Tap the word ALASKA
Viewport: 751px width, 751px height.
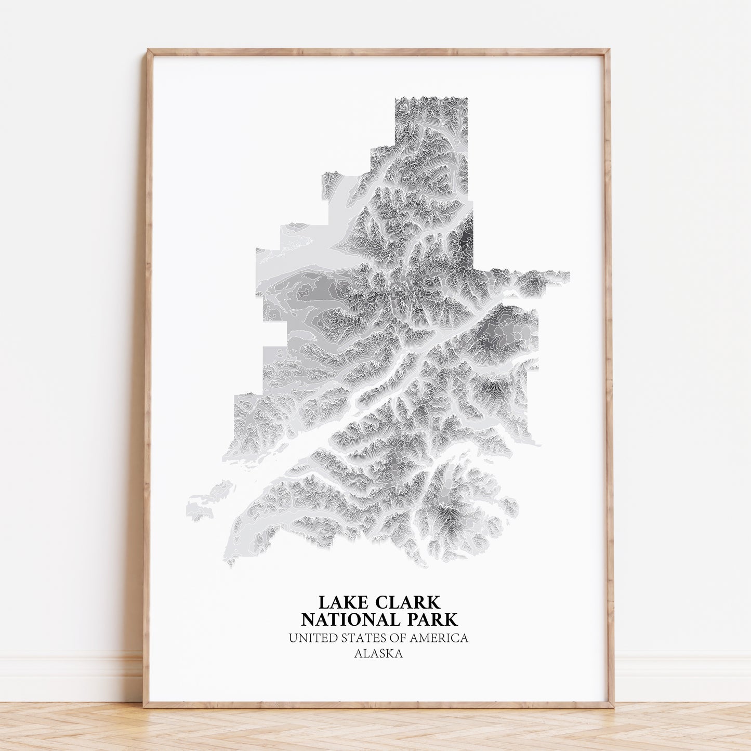378,654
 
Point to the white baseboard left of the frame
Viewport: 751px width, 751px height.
68,681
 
